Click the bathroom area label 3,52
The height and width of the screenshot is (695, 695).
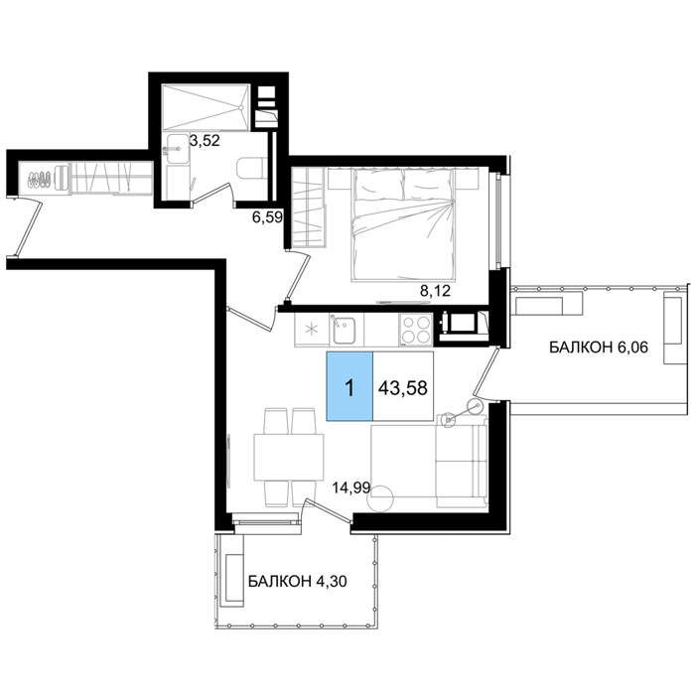pos(205,141)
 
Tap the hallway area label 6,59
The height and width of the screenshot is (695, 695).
pos(267,217)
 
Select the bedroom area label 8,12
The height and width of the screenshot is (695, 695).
pos(435,291)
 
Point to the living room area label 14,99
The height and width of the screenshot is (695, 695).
pos(351,487)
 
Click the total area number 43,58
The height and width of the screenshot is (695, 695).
pos(403,388)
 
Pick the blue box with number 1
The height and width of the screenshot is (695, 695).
pos(349,386)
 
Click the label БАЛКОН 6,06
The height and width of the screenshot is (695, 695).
pos(599,347)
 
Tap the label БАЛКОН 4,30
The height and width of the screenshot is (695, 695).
pos(298,581)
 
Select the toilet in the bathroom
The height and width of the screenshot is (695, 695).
pos(252,168)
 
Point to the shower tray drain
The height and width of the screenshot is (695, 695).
pos(240,107)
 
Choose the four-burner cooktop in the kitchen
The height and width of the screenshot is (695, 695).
pos(416,330)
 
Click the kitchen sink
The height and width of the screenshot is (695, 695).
pos(344,330)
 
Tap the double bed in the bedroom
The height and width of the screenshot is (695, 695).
pos(403,224)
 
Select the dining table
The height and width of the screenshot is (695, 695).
pos(289,457)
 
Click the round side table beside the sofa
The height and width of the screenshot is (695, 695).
pos(380,498)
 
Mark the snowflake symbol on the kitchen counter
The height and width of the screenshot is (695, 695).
pos(312,330)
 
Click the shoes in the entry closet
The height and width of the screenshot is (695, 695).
pos(40,179)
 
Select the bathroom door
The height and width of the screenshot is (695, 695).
pos(212,194)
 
